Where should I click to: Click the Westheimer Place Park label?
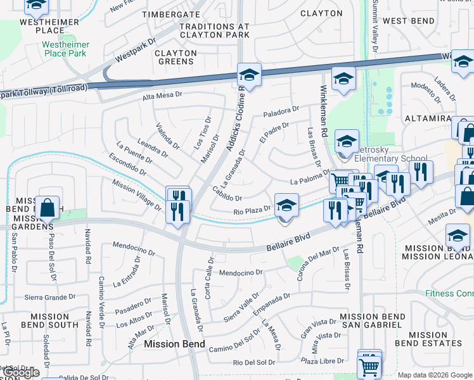click(67, 49)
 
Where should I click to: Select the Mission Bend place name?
click(174, 344)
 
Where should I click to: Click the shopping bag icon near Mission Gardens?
click(48, 207)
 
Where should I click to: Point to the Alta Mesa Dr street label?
click(162, 96)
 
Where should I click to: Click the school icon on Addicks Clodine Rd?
click(250, 75)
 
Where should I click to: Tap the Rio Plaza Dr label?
click(252, 212)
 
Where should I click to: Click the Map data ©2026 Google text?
click(434, 374)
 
